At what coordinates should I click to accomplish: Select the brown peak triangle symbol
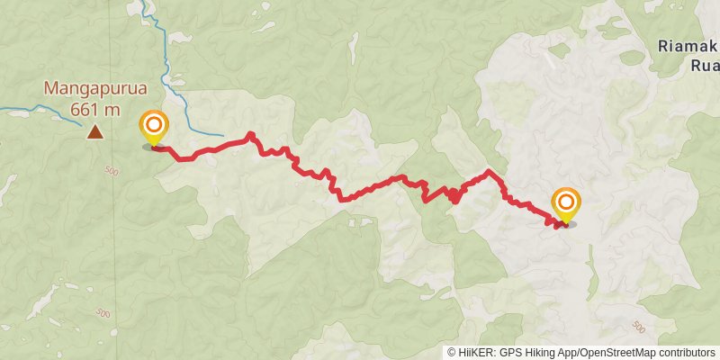pos(94,133)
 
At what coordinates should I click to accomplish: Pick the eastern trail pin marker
pos(566,204)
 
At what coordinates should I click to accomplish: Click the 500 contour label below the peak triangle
pos(112,171)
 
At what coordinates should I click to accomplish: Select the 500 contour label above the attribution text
pos(638,326)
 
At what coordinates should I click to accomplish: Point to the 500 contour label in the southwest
pos(102,313)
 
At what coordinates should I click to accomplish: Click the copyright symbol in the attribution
pos(452,353)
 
